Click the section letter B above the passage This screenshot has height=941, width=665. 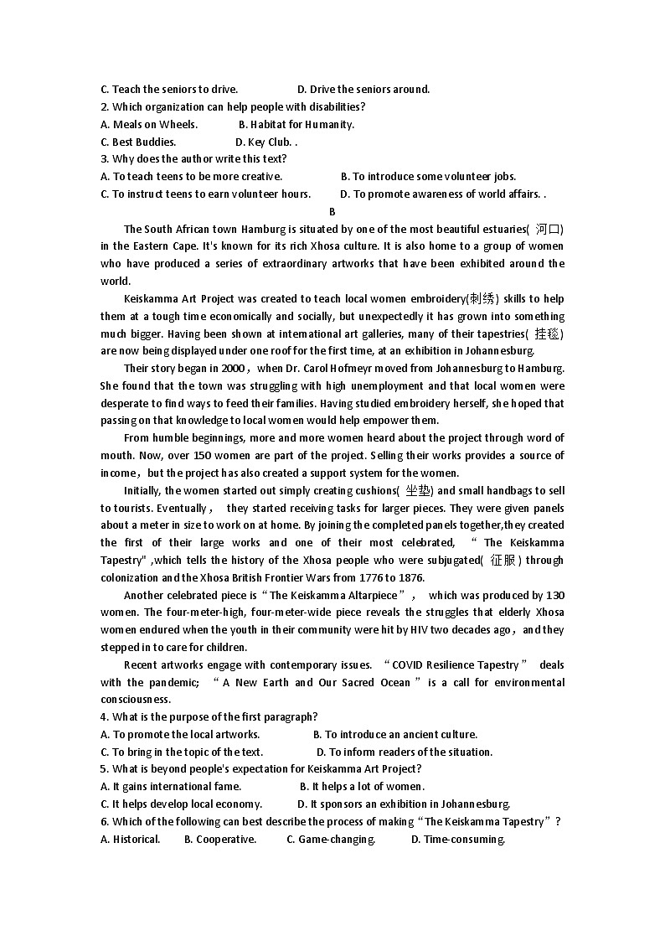tap(332, 212)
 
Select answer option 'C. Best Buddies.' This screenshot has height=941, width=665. tap(138, 142)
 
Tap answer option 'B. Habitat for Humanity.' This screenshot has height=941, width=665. tap(296, 124)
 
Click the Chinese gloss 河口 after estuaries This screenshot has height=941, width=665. tap(549, 229)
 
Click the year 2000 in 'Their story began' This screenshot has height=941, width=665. tap(232, 368)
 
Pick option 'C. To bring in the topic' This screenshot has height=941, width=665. tap(182, 752)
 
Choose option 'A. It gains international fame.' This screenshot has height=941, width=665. tap(171, 786)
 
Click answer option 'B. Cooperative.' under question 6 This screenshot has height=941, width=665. tap(220, 839)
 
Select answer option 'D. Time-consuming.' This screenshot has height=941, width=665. tap(458, 839)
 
